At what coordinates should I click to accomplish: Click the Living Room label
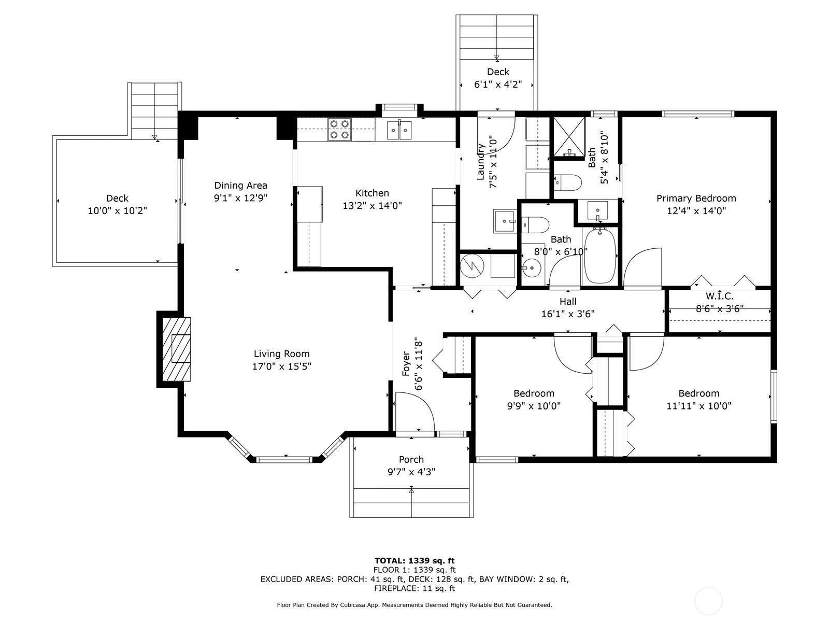(281, 354)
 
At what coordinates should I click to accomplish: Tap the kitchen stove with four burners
(339, 130)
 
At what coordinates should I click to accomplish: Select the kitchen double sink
(399, 130)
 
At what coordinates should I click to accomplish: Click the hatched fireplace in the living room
(176, 349)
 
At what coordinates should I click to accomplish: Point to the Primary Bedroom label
(696, 199)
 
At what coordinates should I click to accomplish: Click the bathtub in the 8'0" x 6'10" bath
(600, 255)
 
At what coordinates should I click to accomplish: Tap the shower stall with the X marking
(569, 137)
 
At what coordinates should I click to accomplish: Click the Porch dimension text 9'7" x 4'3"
(411, 472)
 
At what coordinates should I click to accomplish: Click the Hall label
(568, 301)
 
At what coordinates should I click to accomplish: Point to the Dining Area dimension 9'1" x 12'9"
(240, 198)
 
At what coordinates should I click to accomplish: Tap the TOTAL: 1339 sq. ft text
(414, 561)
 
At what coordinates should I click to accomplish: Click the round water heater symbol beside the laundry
(472, 265)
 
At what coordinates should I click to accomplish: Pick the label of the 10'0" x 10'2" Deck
(117, 199)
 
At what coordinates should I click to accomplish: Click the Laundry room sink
(505, 221)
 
